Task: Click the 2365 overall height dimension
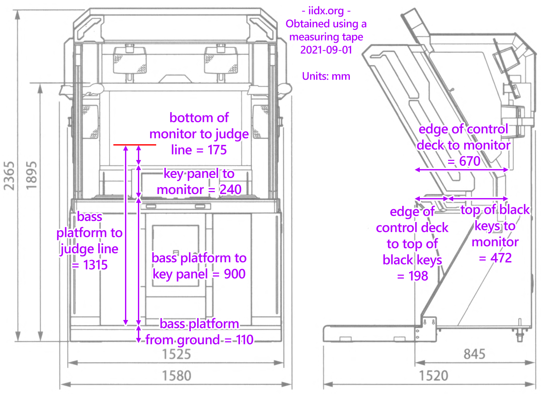pos(9,176)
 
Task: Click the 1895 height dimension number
pos(31,176)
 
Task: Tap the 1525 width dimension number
pos(176,354)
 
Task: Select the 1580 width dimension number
pos(176,375)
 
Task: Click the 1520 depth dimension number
pos(433,375)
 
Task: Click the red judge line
pos(134,145)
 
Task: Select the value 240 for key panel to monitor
pos(230,190)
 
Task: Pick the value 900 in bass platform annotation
pos(235,274)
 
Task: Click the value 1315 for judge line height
pos(95,265)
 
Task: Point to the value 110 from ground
pos(244,340)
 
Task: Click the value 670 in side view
pos(470,161)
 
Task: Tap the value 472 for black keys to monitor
pos(501,258)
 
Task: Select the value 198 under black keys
pos(418,276)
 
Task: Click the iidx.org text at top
pos(326,11)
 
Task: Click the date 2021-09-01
pos(326,50)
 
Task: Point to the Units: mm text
pos(326,76)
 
